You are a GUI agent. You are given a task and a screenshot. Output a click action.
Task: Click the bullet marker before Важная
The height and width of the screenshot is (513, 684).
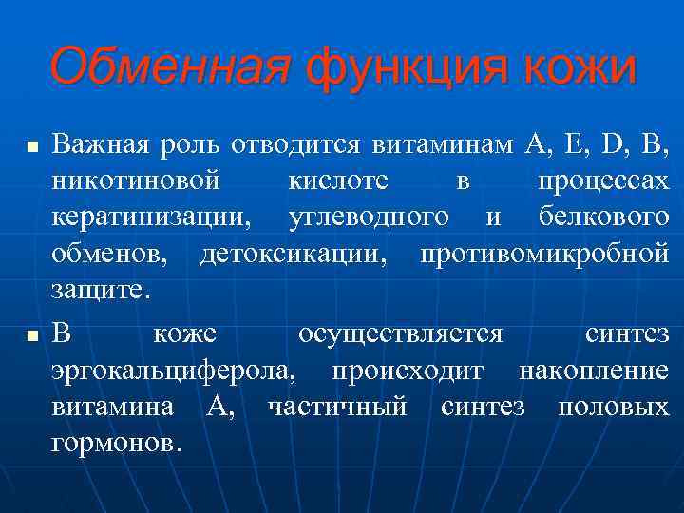point(32,147)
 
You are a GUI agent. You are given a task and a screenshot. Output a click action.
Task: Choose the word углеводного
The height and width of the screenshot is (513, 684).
point(369,218)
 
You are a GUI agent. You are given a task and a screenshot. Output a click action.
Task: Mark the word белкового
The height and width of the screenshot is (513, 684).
point(603,217)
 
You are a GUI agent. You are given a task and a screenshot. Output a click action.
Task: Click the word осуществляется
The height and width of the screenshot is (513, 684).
point(400,334)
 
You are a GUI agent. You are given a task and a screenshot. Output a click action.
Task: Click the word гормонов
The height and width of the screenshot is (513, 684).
point(115,444)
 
